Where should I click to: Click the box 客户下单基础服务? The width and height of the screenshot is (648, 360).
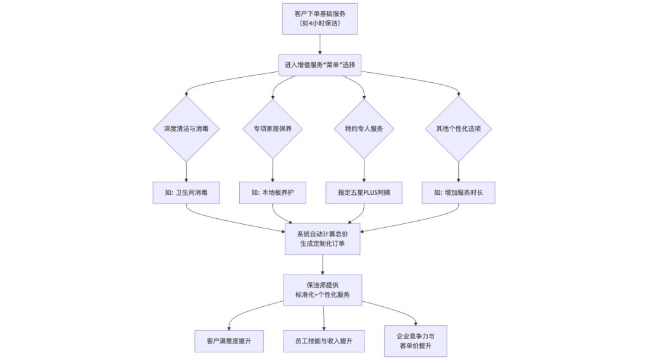point(320,13)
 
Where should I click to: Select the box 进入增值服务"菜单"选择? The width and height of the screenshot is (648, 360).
point(320,65)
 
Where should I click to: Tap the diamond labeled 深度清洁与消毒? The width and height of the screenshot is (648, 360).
point(186,128)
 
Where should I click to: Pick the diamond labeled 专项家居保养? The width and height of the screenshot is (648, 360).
point(273,128)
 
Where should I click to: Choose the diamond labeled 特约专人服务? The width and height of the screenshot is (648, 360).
point(364,128)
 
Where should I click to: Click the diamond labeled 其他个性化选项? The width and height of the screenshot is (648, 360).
point(459,128)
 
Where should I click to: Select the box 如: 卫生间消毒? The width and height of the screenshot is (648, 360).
point(186,193)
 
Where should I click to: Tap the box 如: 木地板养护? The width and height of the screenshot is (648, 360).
point(273,193)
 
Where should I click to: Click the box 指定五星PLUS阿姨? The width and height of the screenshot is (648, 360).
point(364,193)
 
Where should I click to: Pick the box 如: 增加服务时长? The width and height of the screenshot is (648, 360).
point(459,193)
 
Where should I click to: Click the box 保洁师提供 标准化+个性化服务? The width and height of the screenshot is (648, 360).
point(322,290)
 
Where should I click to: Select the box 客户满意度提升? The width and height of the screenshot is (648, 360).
point(228,341)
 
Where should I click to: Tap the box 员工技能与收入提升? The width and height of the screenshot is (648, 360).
point(324,341)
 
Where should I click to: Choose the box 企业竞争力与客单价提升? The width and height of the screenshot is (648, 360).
point(416,341)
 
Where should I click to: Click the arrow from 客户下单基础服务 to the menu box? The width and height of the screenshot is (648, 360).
point(320,44)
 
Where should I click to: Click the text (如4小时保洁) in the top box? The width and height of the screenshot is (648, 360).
point(320,23)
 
